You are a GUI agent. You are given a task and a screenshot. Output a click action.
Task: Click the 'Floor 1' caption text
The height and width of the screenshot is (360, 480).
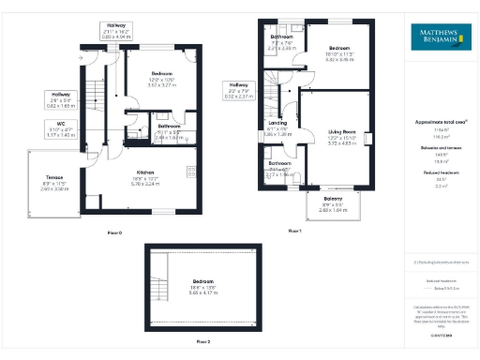[x=294, y=230]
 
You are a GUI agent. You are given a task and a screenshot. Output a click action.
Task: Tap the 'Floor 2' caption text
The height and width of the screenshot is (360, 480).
[x=202, y=342]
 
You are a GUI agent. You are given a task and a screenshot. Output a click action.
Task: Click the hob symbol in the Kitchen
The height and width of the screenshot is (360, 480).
[x=192, y=172]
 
